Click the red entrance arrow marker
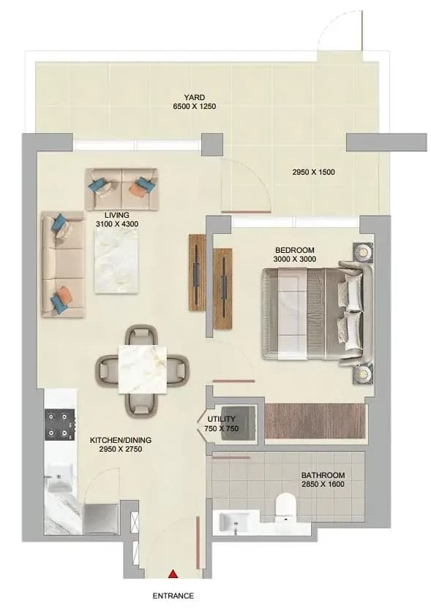173,574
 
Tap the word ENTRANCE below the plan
173,596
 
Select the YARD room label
194,97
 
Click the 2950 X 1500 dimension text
313,172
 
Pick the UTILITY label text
221,419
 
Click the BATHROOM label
323,475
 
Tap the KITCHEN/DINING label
121,440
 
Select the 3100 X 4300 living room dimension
117,224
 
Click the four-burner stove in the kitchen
59,425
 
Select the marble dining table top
143,369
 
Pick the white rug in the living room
116,261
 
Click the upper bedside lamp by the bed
363,253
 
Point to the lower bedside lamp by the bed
363,374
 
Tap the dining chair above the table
142,335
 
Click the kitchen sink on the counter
59,478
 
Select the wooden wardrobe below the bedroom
315,421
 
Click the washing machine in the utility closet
238,422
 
